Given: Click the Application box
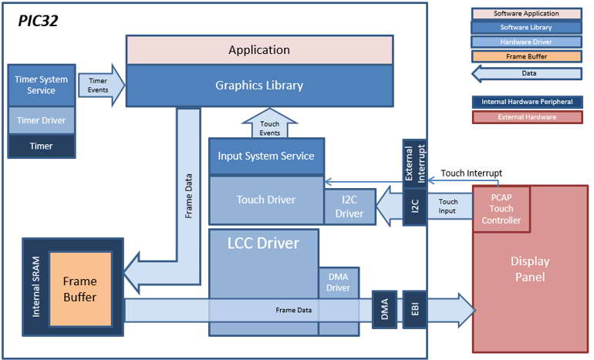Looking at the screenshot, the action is [x=259, y=50].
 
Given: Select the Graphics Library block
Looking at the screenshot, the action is [x=259, y=86].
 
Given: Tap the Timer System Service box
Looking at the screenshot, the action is [x=42, y=85].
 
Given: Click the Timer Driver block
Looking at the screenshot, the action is [x=42, y=120].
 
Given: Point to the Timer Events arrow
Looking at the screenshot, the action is [x=102, y=85].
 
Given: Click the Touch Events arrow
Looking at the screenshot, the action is [x=270, y=124].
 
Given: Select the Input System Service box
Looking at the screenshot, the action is [x=266, y=156].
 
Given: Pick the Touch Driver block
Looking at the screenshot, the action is [x=266, y=200].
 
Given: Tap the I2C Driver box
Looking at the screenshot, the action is [x=349, y=207].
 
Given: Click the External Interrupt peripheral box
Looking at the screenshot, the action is [x=415, y=163].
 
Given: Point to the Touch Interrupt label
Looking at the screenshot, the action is [x=471, y=173].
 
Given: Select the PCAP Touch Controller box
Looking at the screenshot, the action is [x=501, y=209].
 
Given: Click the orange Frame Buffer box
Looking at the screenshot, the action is [x=80, y=289].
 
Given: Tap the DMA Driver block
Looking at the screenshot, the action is [x=339, y=282].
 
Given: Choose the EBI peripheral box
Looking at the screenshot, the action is [x=415, y=309].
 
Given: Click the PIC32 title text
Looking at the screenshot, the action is [x=38, y=21].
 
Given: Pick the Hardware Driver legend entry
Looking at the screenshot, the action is [x=527, y=42].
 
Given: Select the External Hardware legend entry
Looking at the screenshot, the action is [x=528, y=117].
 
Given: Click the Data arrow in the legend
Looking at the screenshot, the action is [x=527, y=73].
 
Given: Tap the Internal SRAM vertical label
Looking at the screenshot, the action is [x=35, y=287].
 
